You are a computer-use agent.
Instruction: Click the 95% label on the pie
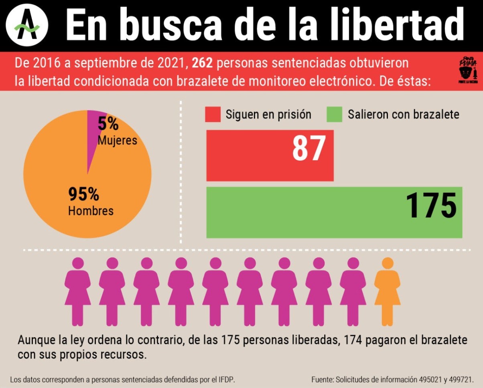coord(83,194)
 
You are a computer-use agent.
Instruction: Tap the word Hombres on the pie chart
coord(91,211)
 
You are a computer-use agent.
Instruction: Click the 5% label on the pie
coord(108,124)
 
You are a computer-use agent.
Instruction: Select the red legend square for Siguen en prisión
coord(213,114)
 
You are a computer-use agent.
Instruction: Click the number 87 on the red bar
coord(308,149)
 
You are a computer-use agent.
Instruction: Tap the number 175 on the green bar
coord(431,206)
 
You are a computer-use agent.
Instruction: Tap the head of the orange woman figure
coord(387,263)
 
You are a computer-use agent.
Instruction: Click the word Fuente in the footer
coord(322,379)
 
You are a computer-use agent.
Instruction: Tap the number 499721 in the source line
coord(460,379)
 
